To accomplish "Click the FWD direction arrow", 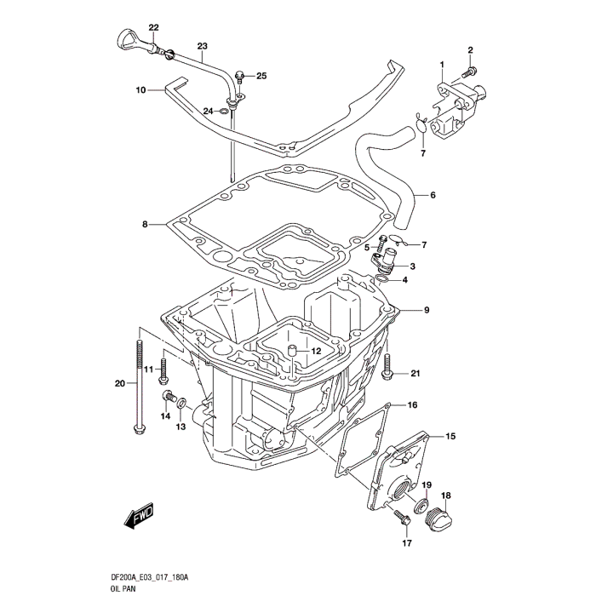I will tap(137, 517).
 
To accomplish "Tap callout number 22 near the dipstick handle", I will tap(153, 28).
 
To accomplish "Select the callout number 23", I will tap(202, 46).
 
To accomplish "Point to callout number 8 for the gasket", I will tap(146, 225).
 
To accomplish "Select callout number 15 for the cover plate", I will tap(450, 437).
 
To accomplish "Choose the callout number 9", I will tap(427, 309).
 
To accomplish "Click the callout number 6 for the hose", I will tap(432, 196).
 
